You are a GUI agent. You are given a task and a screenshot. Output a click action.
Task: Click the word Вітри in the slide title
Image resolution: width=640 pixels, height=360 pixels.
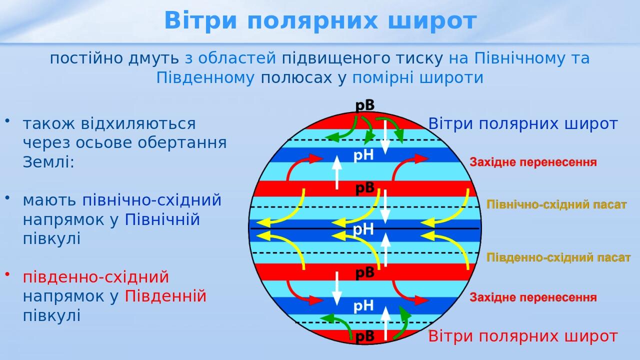tap(200, 21)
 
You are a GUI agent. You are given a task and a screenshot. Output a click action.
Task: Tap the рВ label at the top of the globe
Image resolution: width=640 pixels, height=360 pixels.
tap(365, 105)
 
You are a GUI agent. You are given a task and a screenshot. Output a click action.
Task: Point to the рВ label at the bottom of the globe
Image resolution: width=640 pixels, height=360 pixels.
tap(365, 336)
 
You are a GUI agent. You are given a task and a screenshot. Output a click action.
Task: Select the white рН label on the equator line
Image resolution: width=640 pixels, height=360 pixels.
tap(363, 229)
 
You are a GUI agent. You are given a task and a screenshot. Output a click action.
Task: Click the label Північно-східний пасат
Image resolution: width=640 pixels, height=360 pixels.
tap(556, 205)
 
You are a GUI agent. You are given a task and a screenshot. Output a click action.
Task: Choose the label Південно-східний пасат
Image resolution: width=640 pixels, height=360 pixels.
tap(558, 257)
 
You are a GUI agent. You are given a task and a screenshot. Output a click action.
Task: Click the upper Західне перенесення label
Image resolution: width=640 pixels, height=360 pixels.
tap(533, 162)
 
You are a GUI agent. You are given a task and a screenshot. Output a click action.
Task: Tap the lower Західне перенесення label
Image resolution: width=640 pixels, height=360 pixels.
tap(533, 297)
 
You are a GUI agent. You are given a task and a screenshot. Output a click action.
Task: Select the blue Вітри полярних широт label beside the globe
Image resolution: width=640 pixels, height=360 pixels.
tap(523, 124)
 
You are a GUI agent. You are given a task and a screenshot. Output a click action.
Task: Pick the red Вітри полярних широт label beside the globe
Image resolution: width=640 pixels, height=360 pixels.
tap(523, 336)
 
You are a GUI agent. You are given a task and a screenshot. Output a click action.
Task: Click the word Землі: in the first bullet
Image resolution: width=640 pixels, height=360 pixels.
tap(48, 162)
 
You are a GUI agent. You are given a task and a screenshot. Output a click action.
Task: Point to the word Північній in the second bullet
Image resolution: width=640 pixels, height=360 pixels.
tap(162, 219)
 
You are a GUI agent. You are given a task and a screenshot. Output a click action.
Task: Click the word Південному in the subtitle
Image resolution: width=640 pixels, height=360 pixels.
tap(205, 78)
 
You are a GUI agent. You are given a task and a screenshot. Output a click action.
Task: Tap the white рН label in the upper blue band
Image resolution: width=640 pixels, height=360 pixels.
tap(363, 155)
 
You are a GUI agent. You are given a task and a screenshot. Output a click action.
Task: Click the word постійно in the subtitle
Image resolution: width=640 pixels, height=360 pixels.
tap(86, 58)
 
